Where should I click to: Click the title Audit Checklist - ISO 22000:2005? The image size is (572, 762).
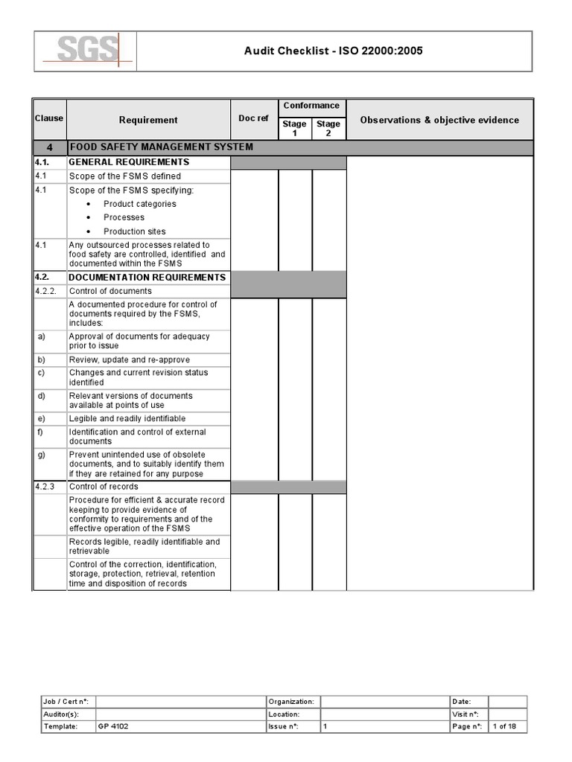[x=335, y=51]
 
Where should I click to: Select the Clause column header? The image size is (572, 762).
[x=49, y=118]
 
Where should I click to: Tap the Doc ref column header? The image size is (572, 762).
[x=253, y=119]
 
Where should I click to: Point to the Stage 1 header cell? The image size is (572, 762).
[x=295, y=128]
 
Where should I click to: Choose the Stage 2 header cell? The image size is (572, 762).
[x=328, y=128]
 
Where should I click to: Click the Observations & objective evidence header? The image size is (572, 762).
[x=439, y=120]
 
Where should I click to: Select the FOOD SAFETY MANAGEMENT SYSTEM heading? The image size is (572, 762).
[x=161, y=147]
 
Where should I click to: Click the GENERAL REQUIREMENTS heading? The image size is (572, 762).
[x=129, y=162]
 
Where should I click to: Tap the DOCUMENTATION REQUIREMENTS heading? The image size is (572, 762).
[x=147, y=278]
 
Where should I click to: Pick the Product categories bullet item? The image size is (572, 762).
[x=139, y=204]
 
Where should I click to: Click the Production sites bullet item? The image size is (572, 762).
[x=134, y=231]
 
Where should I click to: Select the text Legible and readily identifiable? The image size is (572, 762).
[x=127, y=419]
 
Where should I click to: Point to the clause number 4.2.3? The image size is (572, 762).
[x=45, y=487]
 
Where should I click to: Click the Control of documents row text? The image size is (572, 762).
[x=110, y=291]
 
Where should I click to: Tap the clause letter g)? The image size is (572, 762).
[x=42, y=455]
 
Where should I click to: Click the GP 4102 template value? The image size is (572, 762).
[x=113, y=726]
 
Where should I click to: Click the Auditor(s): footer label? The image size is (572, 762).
[x=63, y=714]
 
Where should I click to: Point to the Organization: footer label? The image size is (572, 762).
[x=291, y=702]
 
